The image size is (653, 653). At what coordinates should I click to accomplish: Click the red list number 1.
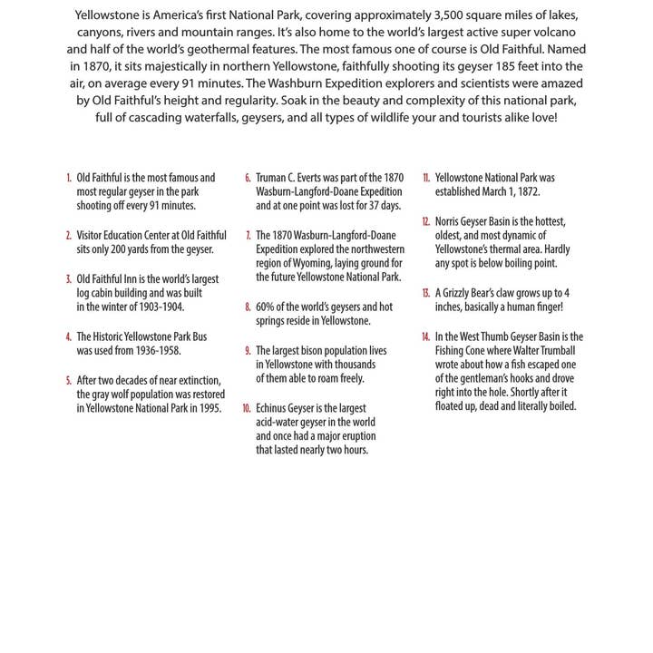[x=68, y=179]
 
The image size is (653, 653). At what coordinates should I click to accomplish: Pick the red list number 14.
[x=424, y=336]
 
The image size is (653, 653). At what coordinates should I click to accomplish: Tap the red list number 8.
[x=248, y=307]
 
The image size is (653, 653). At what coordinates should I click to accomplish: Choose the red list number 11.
[x=425, y=179]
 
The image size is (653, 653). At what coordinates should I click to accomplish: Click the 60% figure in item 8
[x=266, y=307]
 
